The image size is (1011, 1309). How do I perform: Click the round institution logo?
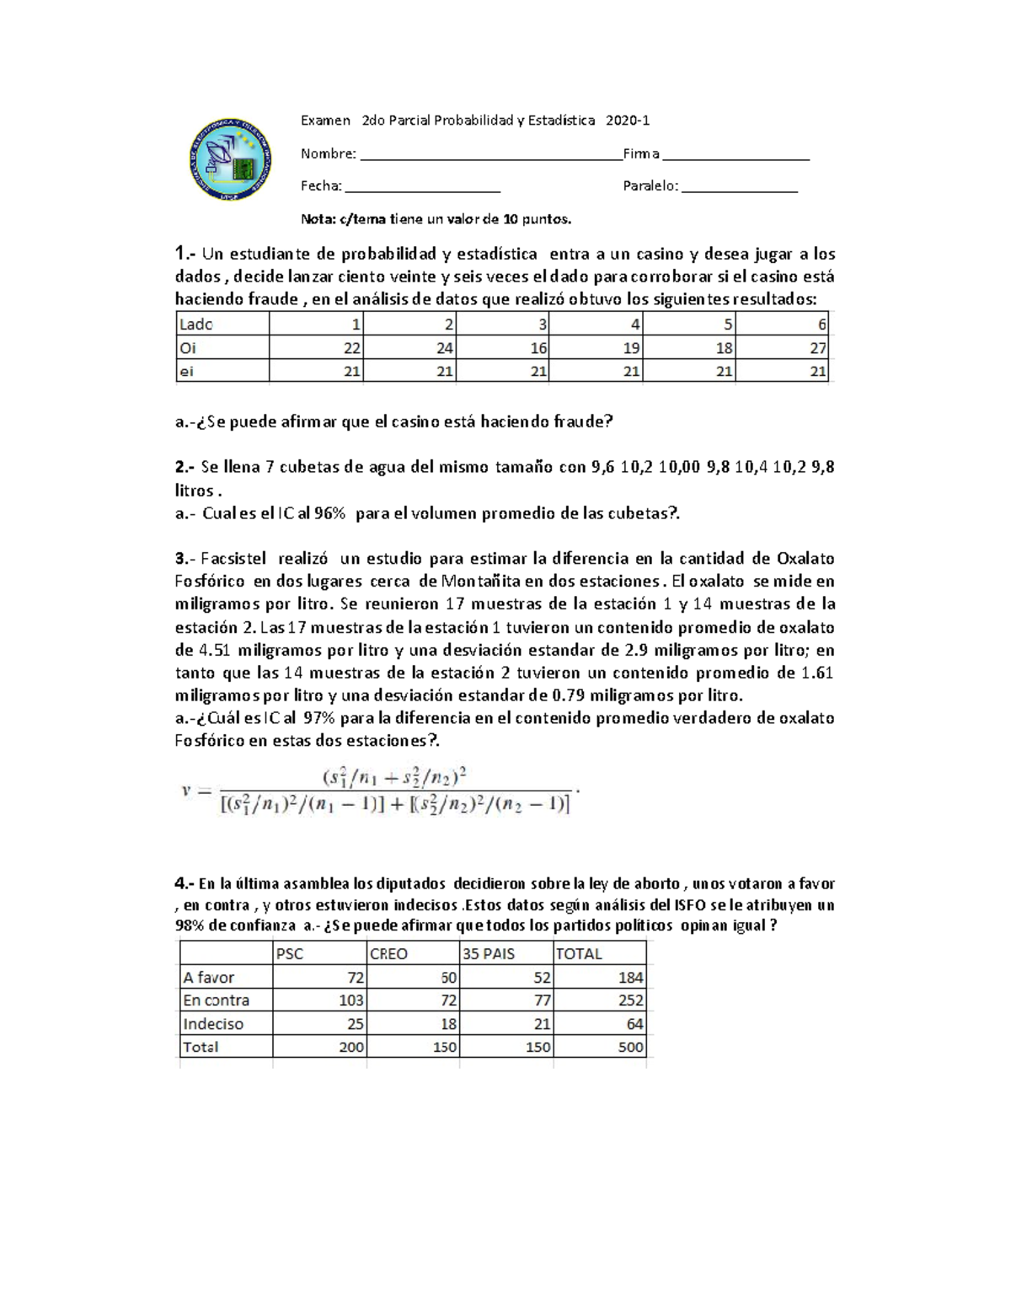pyautogui.click(x=230, y=159)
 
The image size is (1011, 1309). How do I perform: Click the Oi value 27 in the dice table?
pyautogui.click(x=817, y=348)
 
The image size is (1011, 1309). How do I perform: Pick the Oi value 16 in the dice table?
pyautogui.click(x=538, y=348)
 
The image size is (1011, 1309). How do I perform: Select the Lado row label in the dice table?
pyautogui.click(x=196, y=325)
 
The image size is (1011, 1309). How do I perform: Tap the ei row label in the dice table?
pyautogui.click(x=187, y=371)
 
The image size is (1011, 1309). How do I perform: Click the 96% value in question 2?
pyautogui.click(x=327, y=513)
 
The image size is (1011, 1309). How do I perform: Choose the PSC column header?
pyautogui.click(x=290, y=953)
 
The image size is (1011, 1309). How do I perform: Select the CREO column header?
pyautogui.click(x=388, y=953)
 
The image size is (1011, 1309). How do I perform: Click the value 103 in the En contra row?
pyautogui.click(x=350, y=1001)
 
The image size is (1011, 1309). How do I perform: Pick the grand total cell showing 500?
pyautogui.click(x=630, y=1047)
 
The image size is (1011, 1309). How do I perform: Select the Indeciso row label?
pyautogui.click(x=213, y=1024)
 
